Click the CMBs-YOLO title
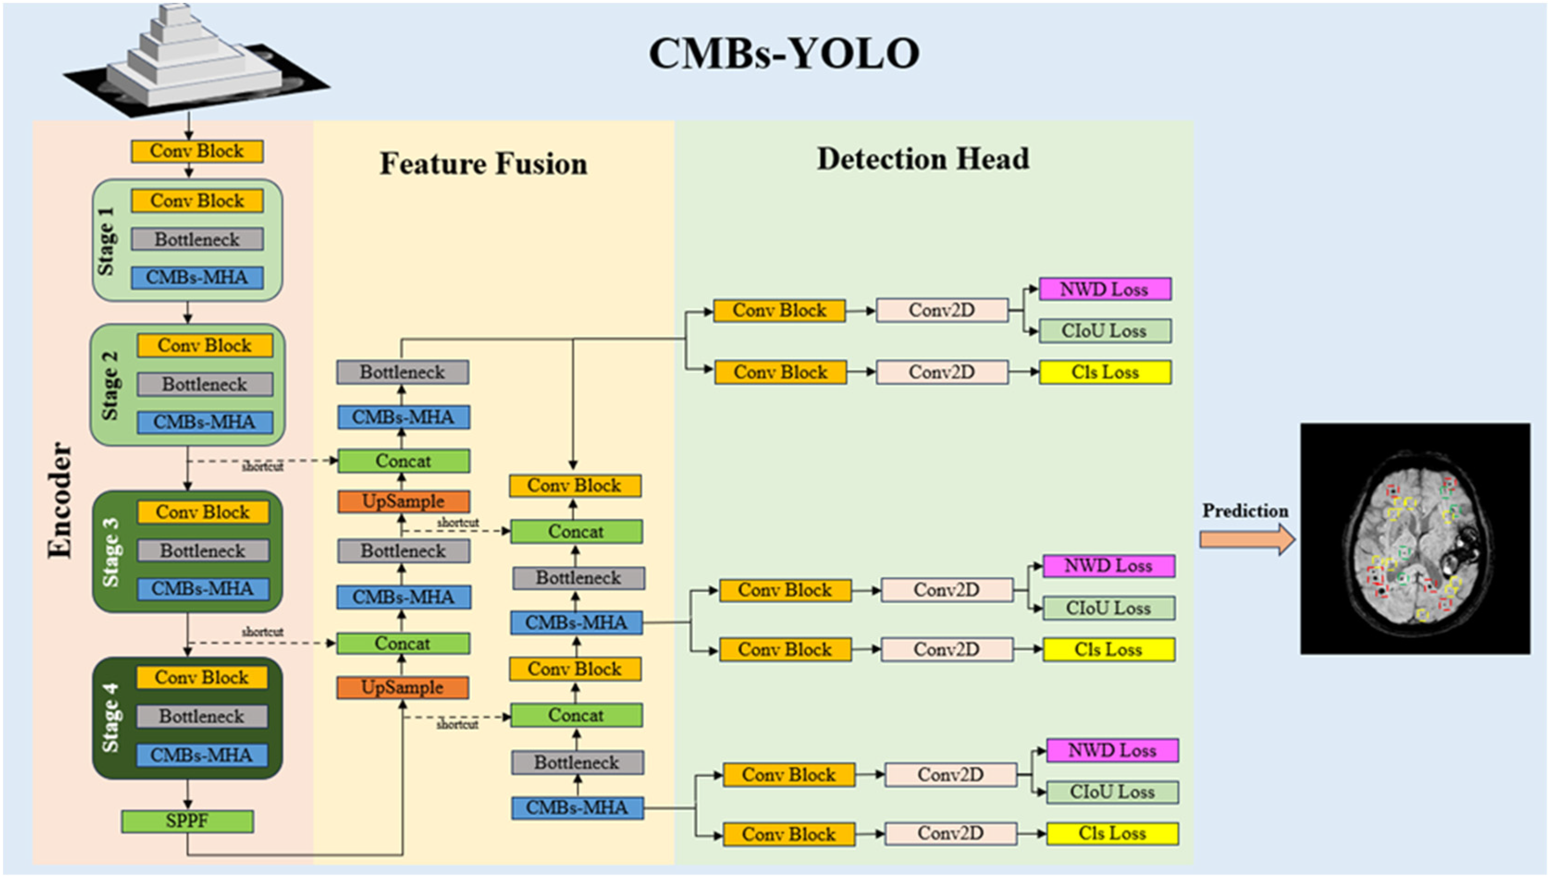pyautogui.click(x=784, y=54)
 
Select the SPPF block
pyautogui.click(x=187, y=821)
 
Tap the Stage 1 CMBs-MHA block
pyautogui.click(x=197, y=277)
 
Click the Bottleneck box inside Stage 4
pyautogui.click(x=202, y=716)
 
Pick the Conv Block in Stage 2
pyautogui.click(x=204, y=346)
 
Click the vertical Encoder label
pyautogui.click(x=60, y=500)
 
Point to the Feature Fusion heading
pyautogui.click(x=483, y=164)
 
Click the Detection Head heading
pyautogui.click(x=923, y=159)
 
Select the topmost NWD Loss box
pyautogui.click(x=1104, y=289)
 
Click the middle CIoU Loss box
pyautogui.click(x=1108, y=608)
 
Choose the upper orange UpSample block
pyautogui.click(x=403, y=501)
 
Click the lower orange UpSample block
pyautogui.click(x=402, y=688)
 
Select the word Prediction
pyautogui.click(x=1245, y=511)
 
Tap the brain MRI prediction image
pyautogui.click(x=1415, y=538)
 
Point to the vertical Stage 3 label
pyautogui.click(x=111, y=552)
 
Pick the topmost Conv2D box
pyautogui.click(x=941, y=310)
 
